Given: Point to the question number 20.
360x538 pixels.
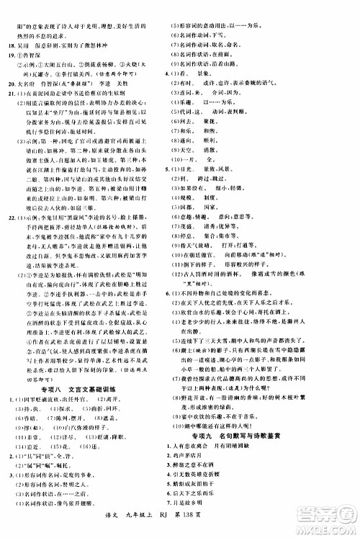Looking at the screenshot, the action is (x=9, y=83).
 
